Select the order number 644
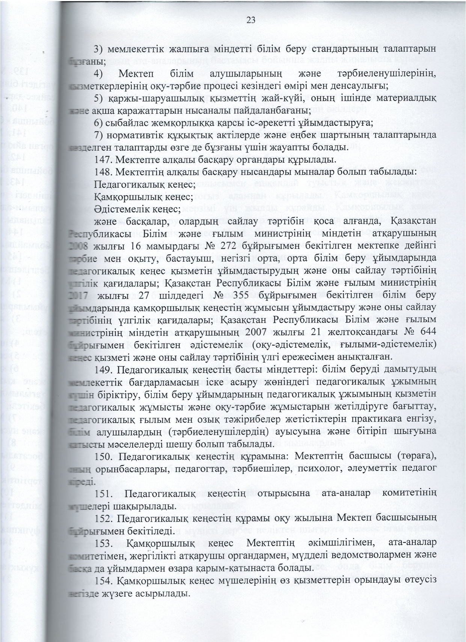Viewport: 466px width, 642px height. click(425, 333)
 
